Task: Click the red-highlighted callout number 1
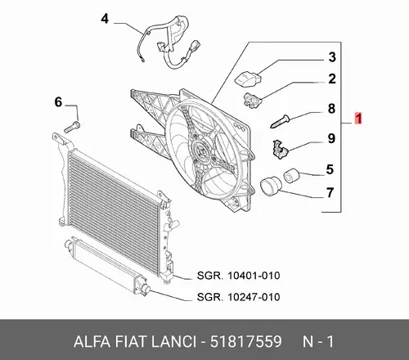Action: pyautogui.click(x=358, y=119)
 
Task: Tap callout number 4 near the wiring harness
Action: pyautogui.click(x=105, y=19)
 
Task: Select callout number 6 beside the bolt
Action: pyautogui.click(x=58, y=102)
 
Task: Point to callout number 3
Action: pyautogui.click(x=332, y=57)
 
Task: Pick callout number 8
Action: pyautogui.click(x=331, y=109)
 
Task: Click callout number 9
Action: pyautogui.click(x=331, y=138)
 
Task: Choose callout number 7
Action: pyautogui.click(x=330, y=192)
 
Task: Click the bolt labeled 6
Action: pyautogui.click(x=72, y=128)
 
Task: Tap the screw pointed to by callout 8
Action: pyautogui.click(x=280, y=121)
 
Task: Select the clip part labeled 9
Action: pyautogui.click(x=280, y=149)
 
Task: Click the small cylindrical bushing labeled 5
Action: pyautogui.click(x=291, y=176)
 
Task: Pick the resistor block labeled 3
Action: pyautogui.click(x=248, y=79)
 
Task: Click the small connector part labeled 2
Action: pyautogui.click(x=252, y=101)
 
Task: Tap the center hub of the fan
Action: pyautogui.click(x=201, y=150)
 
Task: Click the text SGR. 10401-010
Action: pyautogui.click(x=238, y=276)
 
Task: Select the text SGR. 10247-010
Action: pyautogui.click(x=238, y=297)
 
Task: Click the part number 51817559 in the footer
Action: pyautogui.click(x=245, y=341)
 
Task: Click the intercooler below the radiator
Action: pyautogui.click(x=106, y=262)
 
